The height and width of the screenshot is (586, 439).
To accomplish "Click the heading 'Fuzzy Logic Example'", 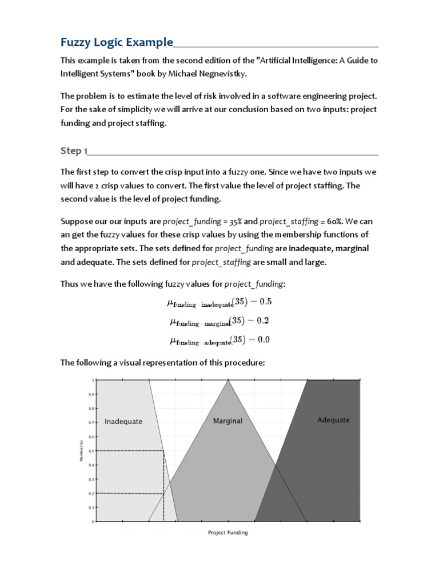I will (117, 42).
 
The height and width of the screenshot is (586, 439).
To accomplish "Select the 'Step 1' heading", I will (74, 151).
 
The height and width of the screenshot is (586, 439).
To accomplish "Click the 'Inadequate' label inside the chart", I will (123, 422).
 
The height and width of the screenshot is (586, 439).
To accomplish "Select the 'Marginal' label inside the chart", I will (228, 421).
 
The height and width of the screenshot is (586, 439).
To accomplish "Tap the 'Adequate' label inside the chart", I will (333, 420).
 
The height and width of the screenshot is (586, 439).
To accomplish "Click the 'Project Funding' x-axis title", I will (228, 532).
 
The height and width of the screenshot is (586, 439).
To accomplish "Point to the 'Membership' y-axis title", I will (82, 451).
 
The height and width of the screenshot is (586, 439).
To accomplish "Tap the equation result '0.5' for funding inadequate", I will (263, 302).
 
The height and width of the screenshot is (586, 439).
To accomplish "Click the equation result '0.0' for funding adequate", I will (263, 339).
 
